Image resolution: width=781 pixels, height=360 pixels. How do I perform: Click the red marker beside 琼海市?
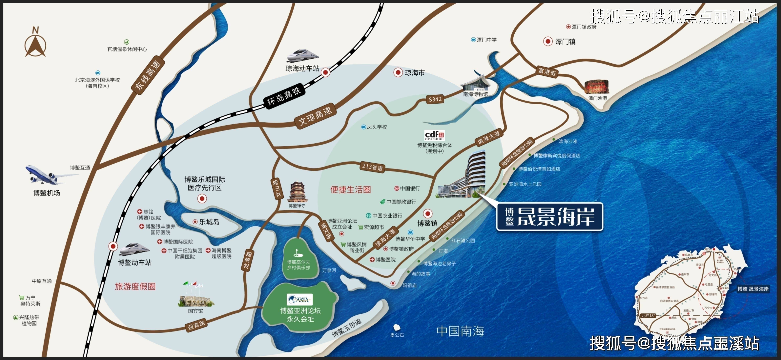[398, 72]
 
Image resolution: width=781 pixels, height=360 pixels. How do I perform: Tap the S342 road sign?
[435, 99]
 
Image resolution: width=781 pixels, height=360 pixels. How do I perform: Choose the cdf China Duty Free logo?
[434, 135]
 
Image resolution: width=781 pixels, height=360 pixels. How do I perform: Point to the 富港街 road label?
[547, 72]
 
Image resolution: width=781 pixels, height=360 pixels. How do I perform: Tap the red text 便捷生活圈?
[351, 190]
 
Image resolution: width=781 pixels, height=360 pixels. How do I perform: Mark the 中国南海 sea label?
[460, 331]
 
